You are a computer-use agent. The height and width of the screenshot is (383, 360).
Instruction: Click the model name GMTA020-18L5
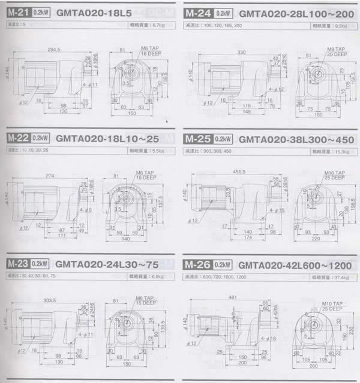(x=89, y=13)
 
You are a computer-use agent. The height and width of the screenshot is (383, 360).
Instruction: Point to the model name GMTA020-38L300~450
(x=296, y=139)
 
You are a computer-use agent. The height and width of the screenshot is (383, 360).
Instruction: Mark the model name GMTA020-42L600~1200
(x=296, y=265)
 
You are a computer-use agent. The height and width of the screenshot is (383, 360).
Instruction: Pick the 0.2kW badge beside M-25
(x=223, y=138)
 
